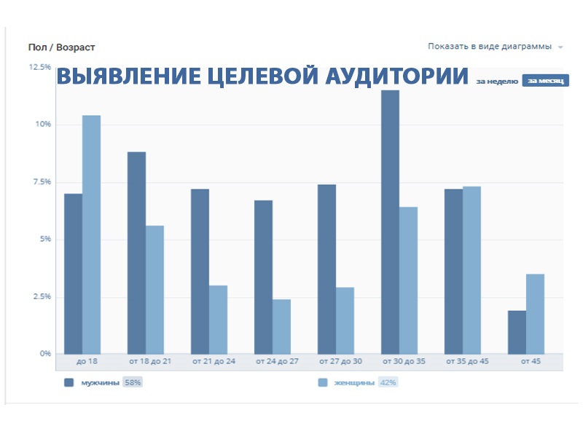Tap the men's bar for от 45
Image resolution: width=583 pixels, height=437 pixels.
pos(517,332)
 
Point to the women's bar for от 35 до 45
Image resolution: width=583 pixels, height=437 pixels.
pos(472,270)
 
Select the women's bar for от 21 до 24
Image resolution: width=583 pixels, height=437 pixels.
pos(218,319)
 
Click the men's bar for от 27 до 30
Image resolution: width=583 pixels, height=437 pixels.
pos(326,269)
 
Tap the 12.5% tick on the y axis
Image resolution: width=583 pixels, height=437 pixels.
pos(39,67)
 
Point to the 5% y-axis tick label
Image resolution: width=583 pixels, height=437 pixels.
pos(44,239)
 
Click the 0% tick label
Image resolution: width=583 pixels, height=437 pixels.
pos(44,354)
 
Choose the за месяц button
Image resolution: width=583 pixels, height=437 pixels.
pos(545,81)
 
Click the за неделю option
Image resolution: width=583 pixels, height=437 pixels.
pos(497,81)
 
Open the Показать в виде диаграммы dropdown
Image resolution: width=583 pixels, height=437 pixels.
pos(495,47)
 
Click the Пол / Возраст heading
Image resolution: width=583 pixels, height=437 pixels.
pos(61,47)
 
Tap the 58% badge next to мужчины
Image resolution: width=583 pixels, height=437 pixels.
pos(132,382)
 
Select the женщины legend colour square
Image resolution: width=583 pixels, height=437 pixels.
pos(323,382)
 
